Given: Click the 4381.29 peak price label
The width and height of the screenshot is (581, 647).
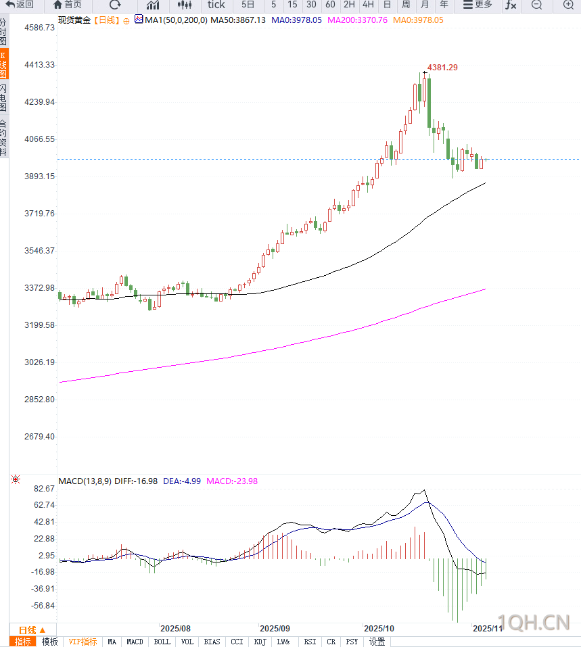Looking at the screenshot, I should click(442, 67).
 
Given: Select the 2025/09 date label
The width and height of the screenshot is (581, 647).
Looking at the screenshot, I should click(275, 628).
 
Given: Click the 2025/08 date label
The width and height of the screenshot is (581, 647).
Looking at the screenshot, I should click(176, 628).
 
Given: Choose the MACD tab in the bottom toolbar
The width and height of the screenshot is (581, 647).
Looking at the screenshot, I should click(135, 642).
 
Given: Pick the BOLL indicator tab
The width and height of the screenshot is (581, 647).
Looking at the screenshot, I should click(162, 642).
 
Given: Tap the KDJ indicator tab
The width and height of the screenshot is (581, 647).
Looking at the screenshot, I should click(260, 642).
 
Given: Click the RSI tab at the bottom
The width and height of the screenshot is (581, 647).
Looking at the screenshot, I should click(310, 642).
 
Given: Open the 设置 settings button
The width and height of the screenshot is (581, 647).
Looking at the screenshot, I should click(377, 642).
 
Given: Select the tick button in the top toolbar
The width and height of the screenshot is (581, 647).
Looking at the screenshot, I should click(216, 5).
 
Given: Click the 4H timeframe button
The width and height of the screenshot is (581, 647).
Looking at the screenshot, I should click(368, 5).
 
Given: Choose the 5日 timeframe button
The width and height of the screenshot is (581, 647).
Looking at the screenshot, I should click(248, 5).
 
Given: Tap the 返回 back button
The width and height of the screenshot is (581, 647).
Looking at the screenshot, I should click(20, 5).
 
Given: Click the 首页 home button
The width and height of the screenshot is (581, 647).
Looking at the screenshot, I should click(68, 5).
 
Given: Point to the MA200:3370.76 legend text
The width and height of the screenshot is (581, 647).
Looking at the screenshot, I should click(357, 20).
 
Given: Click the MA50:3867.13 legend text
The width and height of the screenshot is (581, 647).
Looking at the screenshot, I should click(238, 20).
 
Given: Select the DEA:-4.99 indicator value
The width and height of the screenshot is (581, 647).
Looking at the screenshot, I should click(182, 481).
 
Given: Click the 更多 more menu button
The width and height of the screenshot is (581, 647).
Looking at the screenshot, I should click(478, 5).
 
